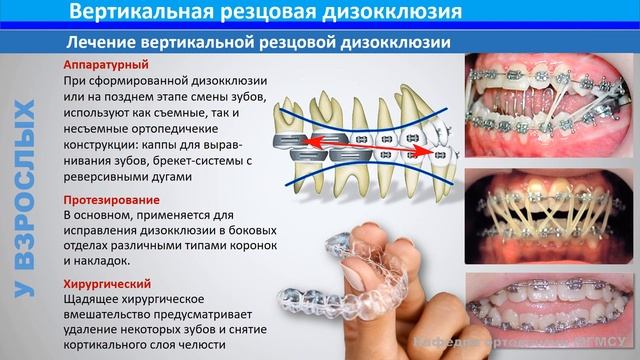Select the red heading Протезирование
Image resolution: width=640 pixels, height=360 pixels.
105,201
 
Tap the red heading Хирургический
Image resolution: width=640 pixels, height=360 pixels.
104,283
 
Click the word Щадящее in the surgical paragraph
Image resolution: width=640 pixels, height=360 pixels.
90,297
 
